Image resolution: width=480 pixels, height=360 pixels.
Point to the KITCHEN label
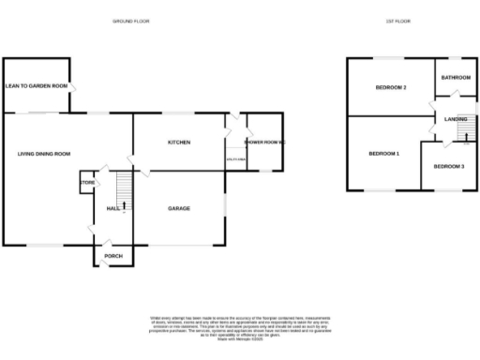pos(179,142)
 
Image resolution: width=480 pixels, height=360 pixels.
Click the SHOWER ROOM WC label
pos(264,142)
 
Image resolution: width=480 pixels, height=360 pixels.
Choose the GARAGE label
pos(179,207)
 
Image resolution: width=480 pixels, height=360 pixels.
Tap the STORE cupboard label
pos(87,182)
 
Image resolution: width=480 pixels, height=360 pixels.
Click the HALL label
pos(113,208)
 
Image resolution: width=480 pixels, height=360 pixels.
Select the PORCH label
pos(113,255)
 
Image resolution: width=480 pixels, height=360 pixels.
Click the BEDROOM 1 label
pos(383,153)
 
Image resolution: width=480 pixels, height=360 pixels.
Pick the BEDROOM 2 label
pos(391,87)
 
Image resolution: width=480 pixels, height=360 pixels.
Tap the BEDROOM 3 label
pos(448,166)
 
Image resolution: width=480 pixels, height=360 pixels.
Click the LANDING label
pos(456,119)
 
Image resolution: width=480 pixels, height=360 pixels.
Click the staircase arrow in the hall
pos(124,203)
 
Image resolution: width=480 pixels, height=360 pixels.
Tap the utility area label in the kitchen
pos(235,160)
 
